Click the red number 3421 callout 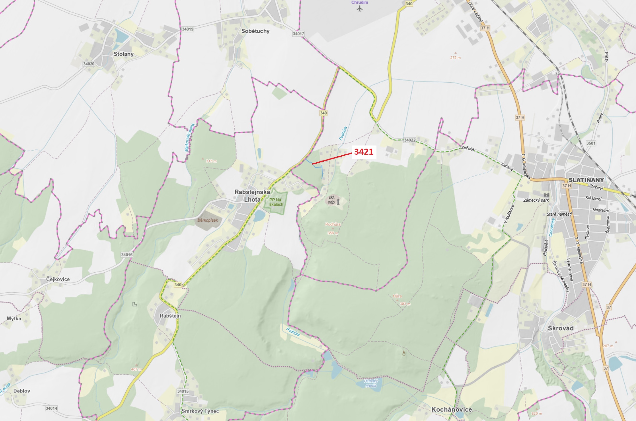point(364,152)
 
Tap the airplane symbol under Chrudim point(360,9)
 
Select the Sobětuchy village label point(255,31)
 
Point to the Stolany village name point(123,54)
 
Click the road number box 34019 point(187,29)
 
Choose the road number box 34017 point(298,34)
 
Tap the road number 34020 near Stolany point(89,64)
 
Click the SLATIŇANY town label point(586,180)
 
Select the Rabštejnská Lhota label point(252,196)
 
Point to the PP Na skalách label point(276,202)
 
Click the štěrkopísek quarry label point(207,220)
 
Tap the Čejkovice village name point(58,279)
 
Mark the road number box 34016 point(127,254)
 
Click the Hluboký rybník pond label point(371,383)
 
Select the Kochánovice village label point(452,409)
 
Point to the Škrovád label point(561,328)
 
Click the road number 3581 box point(590,143)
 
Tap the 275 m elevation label point(455,58)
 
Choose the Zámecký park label point(536,200)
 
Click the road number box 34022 point(410,140)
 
